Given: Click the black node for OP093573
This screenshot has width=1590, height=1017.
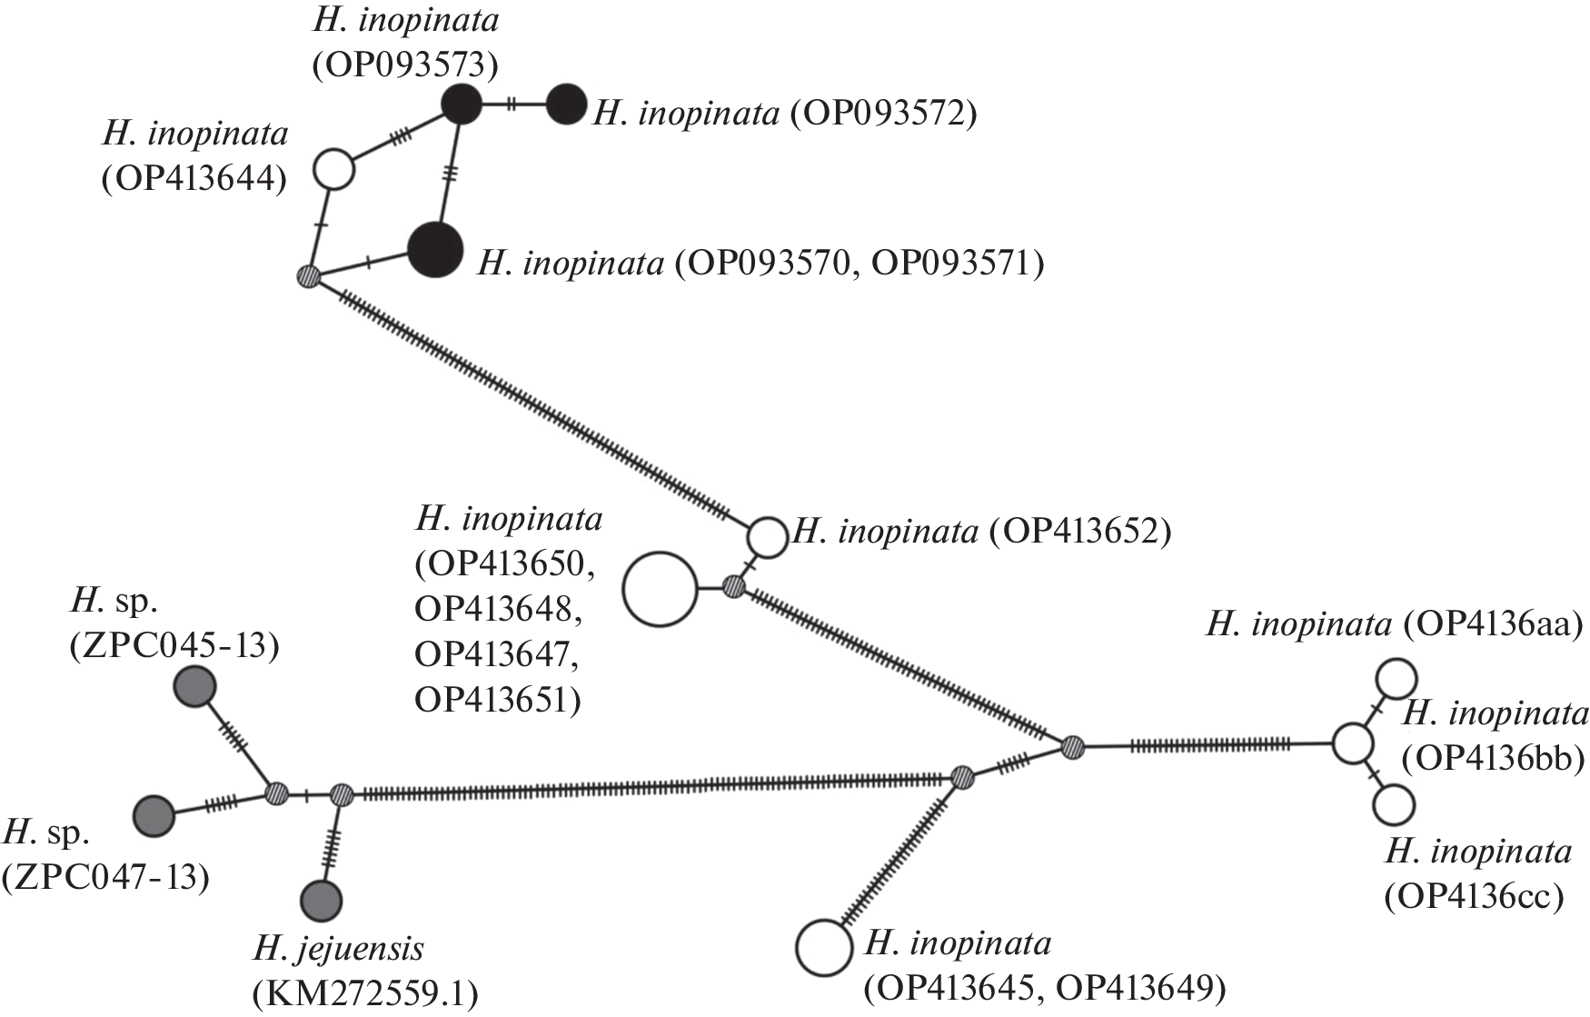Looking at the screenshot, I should (x=461, y=105).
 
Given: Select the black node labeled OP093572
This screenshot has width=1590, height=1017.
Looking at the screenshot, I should (x=567, y=105).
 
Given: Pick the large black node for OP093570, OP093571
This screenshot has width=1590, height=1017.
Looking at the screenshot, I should (x=436, y=250).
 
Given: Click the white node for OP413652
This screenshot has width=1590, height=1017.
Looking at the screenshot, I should (x=767, y=537).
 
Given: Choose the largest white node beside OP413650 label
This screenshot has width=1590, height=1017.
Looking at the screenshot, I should (x=660, y=590).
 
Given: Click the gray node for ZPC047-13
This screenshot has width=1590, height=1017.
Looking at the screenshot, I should (x=154, y=815).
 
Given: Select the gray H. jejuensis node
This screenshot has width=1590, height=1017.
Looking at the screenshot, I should (x=322, y=901).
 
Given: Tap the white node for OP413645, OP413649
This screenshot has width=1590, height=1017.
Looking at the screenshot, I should (x=823, y=947).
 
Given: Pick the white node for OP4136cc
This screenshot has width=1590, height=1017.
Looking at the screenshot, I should (x=1395, y=805).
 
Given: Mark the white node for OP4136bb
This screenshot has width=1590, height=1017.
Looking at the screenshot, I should (x=1352, y=743).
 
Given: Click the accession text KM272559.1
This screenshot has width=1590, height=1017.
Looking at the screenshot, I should (x=365, y=996).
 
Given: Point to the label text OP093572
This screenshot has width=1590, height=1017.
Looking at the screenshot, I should (x=881, y=114).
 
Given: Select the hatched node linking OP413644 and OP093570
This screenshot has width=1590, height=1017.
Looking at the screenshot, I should (x=310, y=274).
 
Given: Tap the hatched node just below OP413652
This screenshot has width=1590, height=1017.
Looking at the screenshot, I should (x=734, y=586).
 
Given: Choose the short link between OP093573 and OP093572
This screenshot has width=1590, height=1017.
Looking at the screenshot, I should (x=513, y=105).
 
